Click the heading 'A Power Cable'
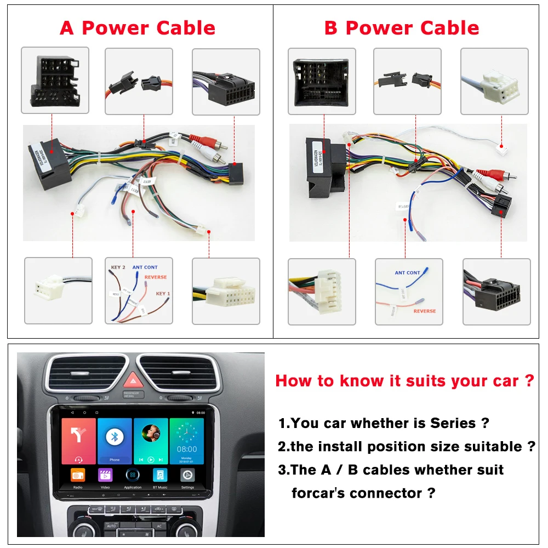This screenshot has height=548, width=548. click(138, 28)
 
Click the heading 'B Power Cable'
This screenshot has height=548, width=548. click(401, 28)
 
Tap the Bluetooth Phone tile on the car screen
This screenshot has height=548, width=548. click(115, 441)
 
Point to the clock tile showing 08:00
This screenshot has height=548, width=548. click(187, 441)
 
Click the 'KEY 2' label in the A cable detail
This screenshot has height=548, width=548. click(118, 267)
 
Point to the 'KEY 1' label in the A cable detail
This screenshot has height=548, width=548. click(163, 294)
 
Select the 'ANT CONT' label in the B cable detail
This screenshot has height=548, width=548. click(407, 272)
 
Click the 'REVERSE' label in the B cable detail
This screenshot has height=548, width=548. click(425, 311)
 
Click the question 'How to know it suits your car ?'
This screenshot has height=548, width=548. click(404, 381)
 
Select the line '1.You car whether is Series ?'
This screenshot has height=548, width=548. click(384, 423)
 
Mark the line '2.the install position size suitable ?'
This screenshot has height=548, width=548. click(406, 447)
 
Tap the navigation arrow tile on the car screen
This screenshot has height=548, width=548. click(78, 441)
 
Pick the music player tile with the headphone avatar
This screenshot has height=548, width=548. click(151, 441)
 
